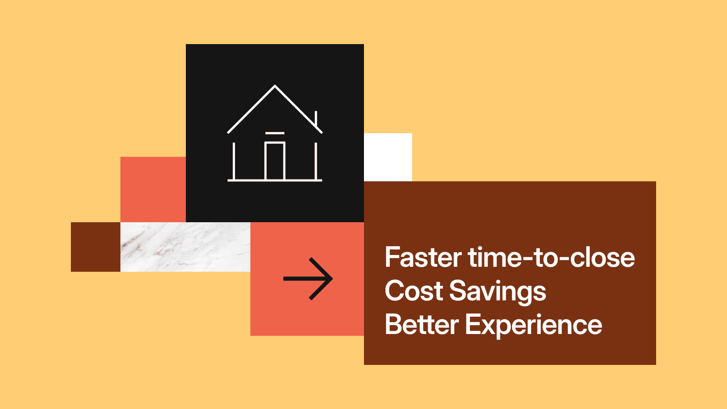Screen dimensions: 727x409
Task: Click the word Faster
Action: pos(423,257)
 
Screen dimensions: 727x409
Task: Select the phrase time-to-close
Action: pos(552,257)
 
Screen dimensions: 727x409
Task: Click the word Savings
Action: pos(498,293)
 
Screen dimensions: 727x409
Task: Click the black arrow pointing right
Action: pos(308,279)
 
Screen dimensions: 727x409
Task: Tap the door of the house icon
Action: pos(275,161)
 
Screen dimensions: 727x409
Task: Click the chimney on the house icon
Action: pos(316,119)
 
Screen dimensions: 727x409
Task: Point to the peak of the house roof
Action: pos(275,86)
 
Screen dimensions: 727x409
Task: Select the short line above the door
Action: pos(275,133)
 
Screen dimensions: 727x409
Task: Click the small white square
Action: pos(388,157)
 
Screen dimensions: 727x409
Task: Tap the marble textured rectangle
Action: pos(185,247)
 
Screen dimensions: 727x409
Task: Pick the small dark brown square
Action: pos(95,247)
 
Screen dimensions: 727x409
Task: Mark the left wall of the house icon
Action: pos(234,161)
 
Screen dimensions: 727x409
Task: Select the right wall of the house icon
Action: pos(316,161)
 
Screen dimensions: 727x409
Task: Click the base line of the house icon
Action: pos(275,180)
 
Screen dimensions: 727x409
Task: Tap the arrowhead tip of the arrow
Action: pos(333,279)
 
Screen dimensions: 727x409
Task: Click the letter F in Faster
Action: pos(391,257)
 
